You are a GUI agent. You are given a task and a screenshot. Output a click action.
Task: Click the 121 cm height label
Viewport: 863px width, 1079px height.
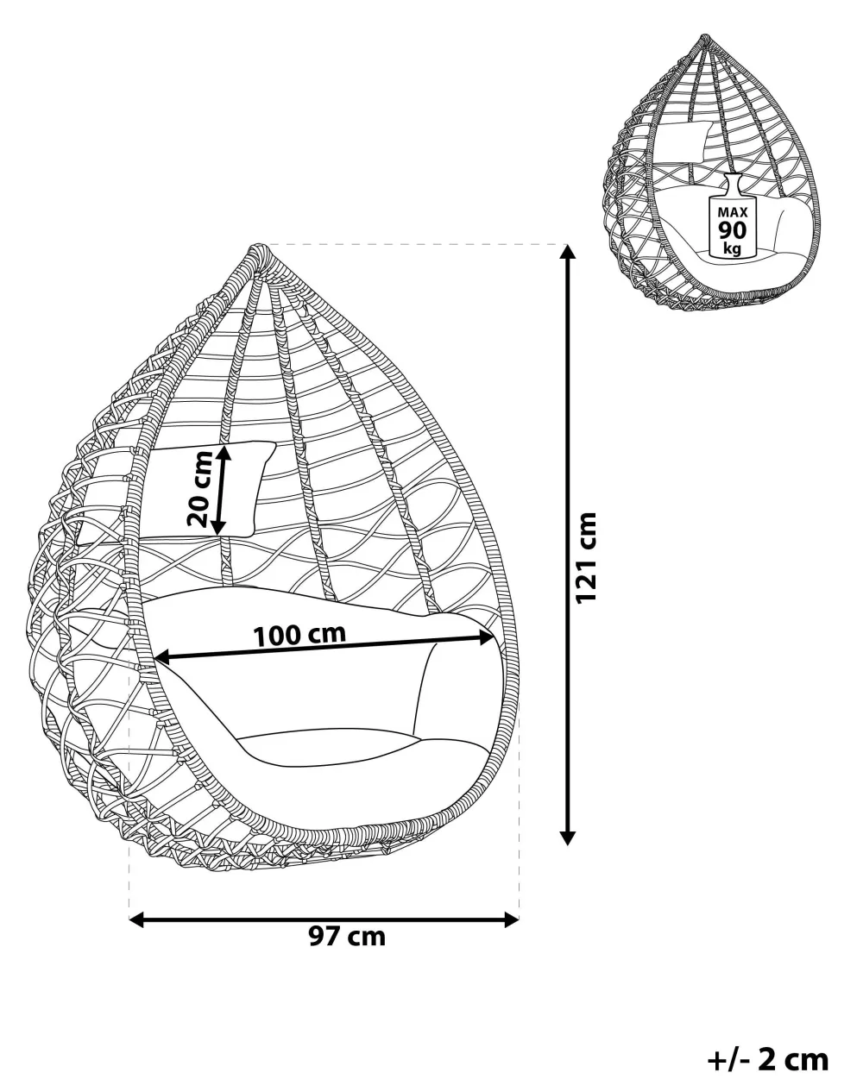tap(586, 557)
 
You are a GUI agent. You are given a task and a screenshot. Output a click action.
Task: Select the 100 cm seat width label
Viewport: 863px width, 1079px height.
tap(300, 636)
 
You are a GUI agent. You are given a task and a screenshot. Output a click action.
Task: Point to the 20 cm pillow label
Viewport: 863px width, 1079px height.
tap(199, 489)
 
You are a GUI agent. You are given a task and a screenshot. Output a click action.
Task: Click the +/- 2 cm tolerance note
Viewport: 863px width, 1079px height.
tap(769, 1057)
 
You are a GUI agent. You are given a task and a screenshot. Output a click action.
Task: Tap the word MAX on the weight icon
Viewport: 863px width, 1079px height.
tap(733, 212)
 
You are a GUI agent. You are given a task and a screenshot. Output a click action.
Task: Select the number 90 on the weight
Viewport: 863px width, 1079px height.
tap(733, 230)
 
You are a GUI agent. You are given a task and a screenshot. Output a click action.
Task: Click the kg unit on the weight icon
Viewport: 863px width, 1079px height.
tap(733, 248)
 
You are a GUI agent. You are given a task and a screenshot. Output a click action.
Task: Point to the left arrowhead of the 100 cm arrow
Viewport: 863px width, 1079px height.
tap(162, 657)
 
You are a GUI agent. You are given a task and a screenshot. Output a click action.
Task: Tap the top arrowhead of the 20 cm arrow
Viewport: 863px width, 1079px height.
tap(224, 453)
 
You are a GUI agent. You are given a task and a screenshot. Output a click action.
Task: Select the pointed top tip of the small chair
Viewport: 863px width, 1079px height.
tap(705, 35)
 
